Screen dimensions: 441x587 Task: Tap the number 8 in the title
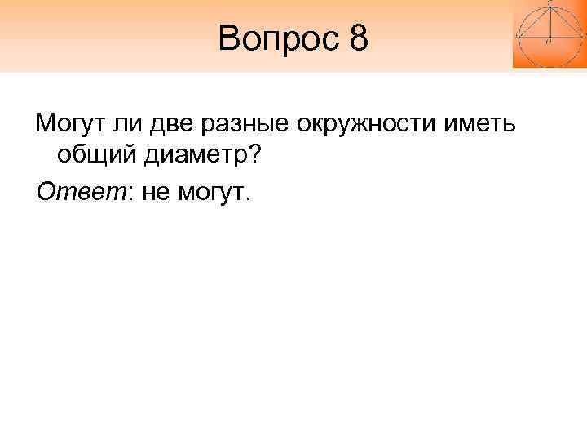pos(360,38)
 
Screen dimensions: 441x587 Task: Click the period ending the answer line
pos(251,198)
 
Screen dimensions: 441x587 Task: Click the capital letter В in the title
pos(230,38)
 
